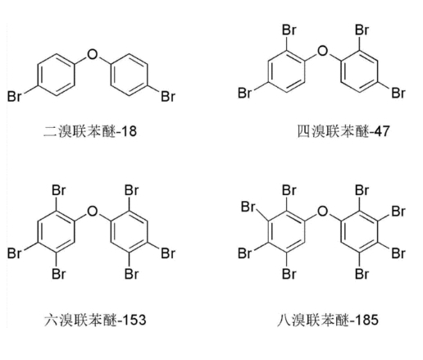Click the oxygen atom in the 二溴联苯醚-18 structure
point(93,54)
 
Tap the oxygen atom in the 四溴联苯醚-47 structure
point(323,51)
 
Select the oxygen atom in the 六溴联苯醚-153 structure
point(93,212)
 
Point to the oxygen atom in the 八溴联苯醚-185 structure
point(323,212)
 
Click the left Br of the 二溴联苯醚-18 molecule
point(14,97)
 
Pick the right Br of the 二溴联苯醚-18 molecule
point(168,97)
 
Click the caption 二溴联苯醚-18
point(90,131)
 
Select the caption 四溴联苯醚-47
point(343,131)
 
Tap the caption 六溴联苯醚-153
point(95,320)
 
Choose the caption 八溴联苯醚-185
point(328,320)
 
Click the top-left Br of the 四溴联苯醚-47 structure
point(289,30)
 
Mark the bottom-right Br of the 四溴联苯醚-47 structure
point(398,93)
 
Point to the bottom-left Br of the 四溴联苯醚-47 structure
point(244,93)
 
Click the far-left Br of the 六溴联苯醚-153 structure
point(14,253)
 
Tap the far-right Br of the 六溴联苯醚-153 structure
point(168,253)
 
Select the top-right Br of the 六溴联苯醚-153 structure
point(132,190)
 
